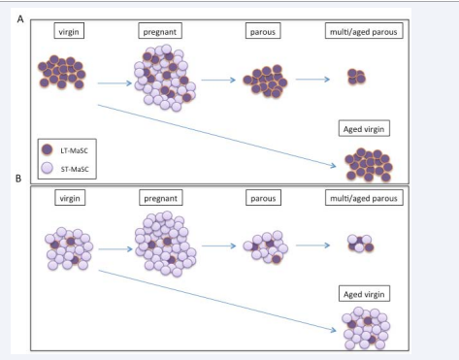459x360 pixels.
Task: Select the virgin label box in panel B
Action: pos(68,197)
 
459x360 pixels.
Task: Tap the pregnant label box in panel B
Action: pos(157,197)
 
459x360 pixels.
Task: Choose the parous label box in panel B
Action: pos(263,197)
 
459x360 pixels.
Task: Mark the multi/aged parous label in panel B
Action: pos(363,197)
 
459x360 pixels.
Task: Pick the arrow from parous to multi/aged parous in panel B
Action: pos(315,245)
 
